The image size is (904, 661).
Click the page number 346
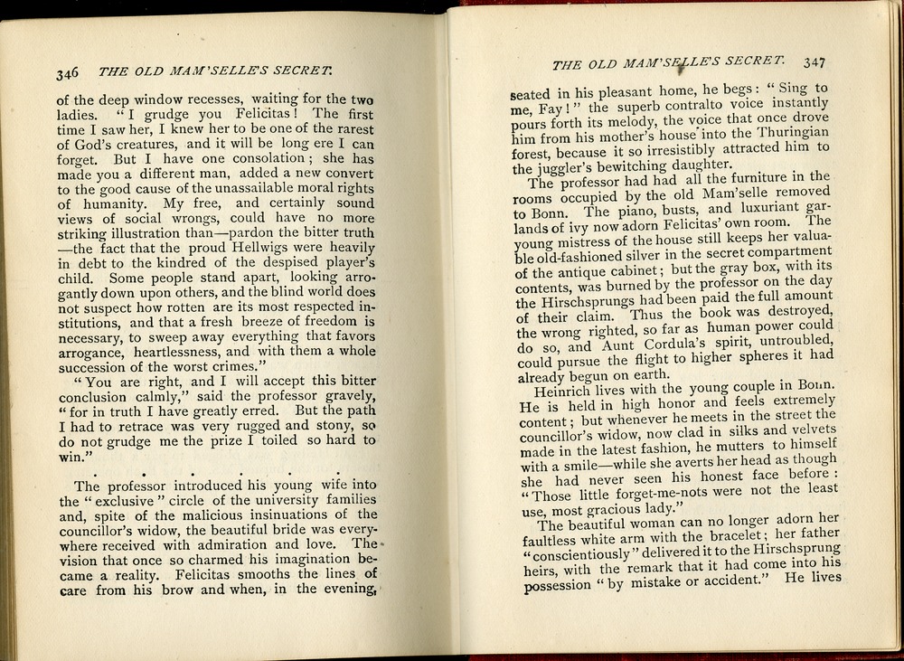pyautogui.click(x=68, y=74)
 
